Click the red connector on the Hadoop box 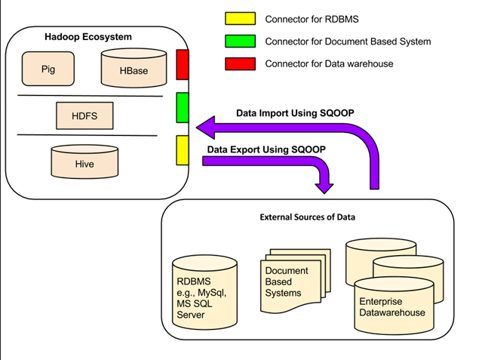[x=182, y=64]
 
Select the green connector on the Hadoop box [x=182, y=106]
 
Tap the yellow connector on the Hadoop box [x=182, y=149]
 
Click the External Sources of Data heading [x=308, y=218]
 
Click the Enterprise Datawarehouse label [x=391, y=307]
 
